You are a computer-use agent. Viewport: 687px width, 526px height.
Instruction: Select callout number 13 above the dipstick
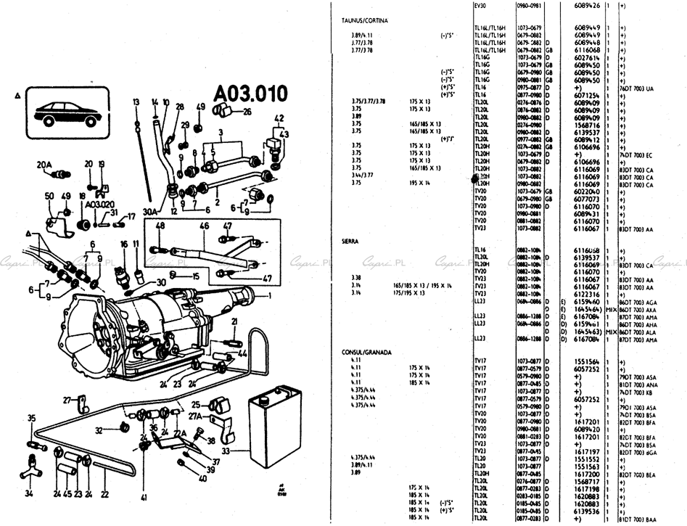click(136, 102)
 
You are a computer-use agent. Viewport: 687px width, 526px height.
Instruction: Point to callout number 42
click(279, 118)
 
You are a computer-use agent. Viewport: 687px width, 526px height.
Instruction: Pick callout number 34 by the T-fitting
click(30, 493)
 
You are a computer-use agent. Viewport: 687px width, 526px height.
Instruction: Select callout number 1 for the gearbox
click(269, 295)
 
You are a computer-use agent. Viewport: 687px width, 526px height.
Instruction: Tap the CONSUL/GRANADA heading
click(366, 352)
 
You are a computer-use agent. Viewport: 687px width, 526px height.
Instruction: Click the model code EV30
click(480, 6)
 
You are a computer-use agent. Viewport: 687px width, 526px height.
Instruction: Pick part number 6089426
click(585, 6)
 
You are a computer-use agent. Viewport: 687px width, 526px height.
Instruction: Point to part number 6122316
click(585, 294)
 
